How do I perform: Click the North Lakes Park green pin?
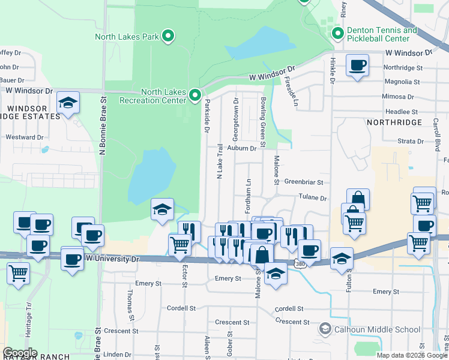pyautogui.click(x=169, y=37)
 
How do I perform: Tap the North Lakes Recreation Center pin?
pyautogui.click(x=194, y=95)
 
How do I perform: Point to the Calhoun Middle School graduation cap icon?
pyautogui.click(x=325, y=329)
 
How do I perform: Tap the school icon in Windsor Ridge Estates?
pyautogui.click(x=68, y=103)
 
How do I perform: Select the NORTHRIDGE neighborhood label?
pyautogui.click(x=389, y=122)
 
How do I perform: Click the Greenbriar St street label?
pyautogui.click(x=304, y=182)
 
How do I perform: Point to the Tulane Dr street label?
pyautogui.click(x=313, y=198)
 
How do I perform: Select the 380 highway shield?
pyautogui.click(x=300, y=263)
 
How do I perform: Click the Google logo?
pyautogui.click(x=20, y=352)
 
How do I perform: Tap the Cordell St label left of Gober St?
pyautogui.click(x=182, y=308)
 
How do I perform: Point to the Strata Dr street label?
pyautogui.click(x=411, y=142)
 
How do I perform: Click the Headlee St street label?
pyautogui.click(x=401, y=112)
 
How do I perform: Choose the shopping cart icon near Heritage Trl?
pyautogui.click(x=19, y=273)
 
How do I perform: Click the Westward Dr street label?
pyautogui.click(x=25, y=137)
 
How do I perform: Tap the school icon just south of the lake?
pyautogui.click(x=162, y=210)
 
